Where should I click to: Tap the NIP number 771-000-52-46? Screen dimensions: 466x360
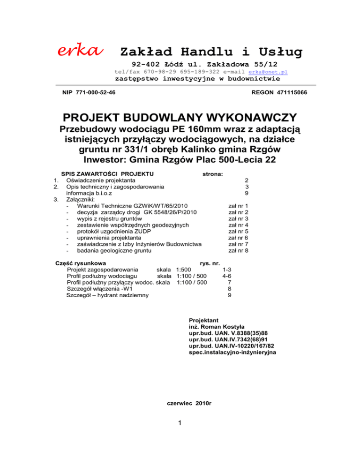point(89,93)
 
